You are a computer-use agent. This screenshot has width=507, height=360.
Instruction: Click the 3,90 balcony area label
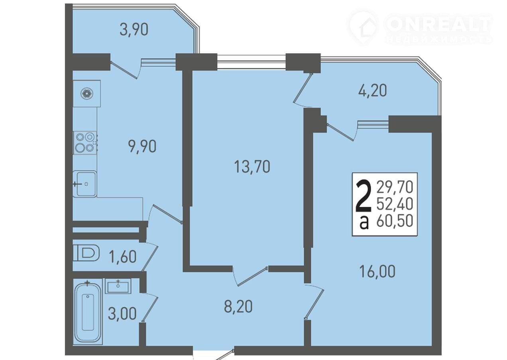[134, 30]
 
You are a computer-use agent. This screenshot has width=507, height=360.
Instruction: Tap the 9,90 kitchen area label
[142, 146]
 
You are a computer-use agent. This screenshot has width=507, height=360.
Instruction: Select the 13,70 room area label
[252, 166]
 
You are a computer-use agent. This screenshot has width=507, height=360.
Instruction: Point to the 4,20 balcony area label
[373, 91]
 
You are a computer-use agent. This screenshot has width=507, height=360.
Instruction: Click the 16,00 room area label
[377, 271]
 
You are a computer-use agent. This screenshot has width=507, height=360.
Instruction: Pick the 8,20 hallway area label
[238, 307]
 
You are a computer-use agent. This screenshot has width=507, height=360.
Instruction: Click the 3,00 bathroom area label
[122, 314]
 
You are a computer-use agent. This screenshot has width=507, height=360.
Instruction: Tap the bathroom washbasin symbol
[118, 286]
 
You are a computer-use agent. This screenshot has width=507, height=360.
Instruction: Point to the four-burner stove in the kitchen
[85, 143]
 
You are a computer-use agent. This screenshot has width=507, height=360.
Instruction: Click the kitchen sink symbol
[85, 184]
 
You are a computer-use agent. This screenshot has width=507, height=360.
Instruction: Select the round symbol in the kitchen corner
[87, 94]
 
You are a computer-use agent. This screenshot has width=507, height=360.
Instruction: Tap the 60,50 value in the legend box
[395, 221]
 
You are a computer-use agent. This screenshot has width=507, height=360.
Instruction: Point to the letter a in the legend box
[364, 222]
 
